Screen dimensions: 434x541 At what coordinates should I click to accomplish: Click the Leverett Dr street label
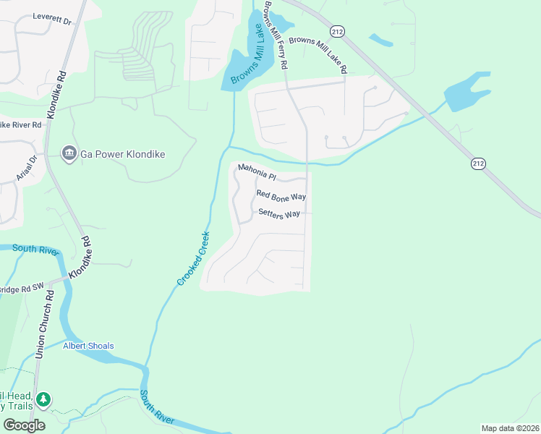tap(53, 19)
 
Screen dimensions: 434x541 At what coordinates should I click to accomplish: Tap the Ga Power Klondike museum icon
tap(69, 153)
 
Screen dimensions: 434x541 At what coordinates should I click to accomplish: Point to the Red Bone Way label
tap(281, 195)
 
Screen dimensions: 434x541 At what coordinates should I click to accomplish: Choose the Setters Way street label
tap(279, 214)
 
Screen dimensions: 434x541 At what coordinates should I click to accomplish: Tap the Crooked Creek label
tap(193, 258)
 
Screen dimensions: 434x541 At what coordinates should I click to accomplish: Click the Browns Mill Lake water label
tap(247, 54)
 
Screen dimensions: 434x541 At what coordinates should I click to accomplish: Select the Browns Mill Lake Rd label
tap(318, 55)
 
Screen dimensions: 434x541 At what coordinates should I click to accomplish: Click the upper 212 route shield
tap(337, 31)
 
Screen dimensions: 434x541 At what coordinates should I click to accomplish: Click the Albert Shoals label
tap(88, 346)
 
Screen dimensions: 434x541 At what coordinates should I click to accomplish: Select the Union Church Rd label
tap(44, 325)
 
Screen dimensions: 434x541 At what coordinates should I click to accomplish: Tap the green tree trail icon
tap(43, 399)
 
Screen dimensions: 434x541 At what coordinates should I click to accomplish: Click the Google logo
tap(24, 425)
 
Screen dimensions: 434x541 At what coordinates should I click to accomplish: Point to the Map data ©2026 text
tap(510, 428)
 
